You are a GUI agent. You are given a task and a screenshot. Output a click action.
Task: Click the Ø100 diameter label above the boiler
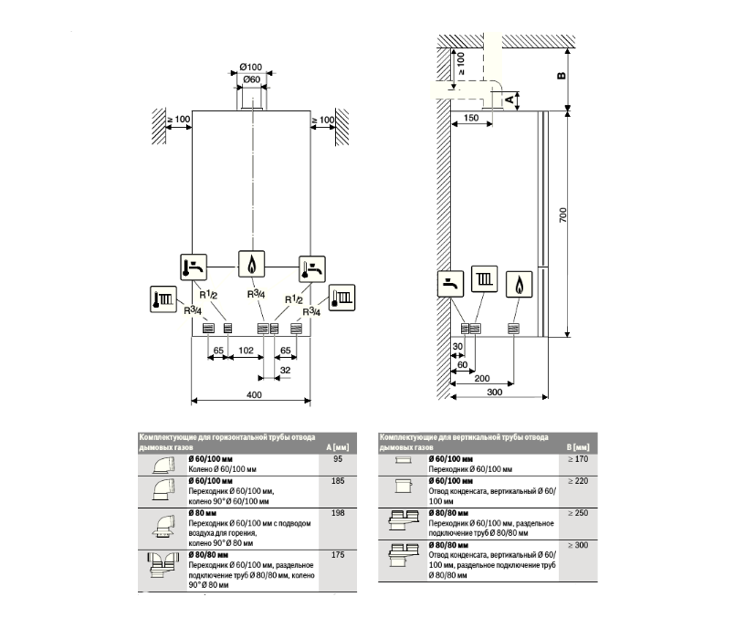click(x=251, y=68)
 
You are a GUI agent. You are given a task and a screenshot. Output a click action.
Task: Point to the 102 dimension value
click(x=245, y=350)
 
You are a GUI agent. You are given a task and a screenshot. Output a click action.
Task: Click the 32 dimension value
click(x=285, y=370)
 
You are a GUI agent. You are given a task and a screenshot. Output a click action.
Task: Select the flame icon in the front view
click(x=252, y=263)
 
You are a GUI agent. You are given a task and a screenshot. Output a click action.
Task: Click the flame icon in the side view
click(x=519, y=282)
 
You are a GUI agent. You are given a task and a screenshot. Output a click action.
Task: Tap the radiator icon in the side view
click(x=485, y=280)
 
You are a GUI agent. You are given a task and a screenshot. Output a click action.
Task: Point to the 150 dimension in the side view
click(x=471, y=119)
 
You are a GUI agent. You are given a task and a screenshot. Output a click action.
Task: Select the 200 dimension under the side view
click(x=483, y=378)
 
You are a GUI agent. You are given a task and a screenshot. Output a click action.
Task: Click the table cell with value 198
click(x=341, y=515)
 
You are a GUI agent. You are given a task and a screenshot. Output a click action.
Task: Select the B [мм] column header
click(x=577, y=445)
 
